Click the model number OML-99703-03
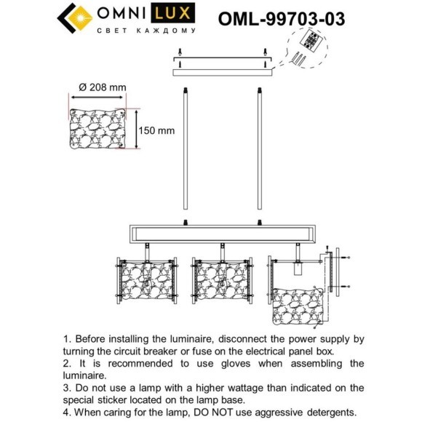(x=281, y=17)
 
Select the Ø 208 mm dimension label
(x=102, y=87)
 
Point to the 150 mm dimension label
(x=157, y=130)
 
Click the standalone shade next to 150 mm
(x=102, y=130)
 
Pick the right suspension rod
(x=258, y=153)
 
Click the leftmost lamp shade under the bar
(x=146, y=281)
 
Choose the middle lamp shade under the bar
(x=220, y=281)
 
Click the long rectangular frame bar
(x=222, y=234)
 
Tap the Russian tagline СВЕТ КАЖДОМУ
(x=146, y=32)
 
